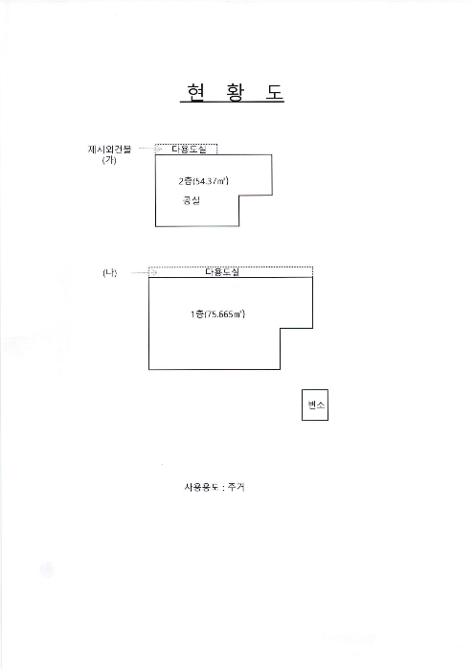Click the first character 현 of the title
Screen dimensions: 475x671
coord(196,91)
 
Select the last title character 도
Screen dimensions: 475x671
coord(274,91)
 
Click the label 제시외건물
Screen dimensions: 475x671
coord(109,150)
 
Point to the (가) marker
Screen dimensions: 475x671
coord(109,160)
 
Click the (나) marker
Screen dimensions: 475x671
coord(109,272)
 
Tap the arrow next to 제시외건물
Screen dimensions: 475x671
coord(150,149)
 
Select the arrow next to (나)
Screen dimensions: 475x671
coord(144,272)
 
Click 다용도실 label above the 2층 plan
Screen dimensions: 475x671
coord(189,149)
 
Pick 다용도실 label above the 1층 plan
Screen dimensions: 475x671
coord(222,271)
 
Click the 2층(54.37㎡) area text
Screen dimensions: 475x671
coord(204,181)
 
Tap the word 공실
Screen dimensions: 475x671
coord(192,200)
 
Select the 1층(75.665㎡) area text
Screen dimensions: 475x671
coord(217,314)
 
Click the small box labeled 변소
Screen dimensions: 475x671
coord(315,405)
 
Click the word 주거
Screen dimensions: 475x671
coord(236,487)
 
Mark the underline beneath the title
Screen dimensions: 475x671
coord(232,103)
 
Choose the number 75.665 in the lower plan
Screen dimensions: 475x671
coord(219,314)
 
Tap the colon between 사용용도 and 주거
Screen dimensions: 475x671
coord(223,488)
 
